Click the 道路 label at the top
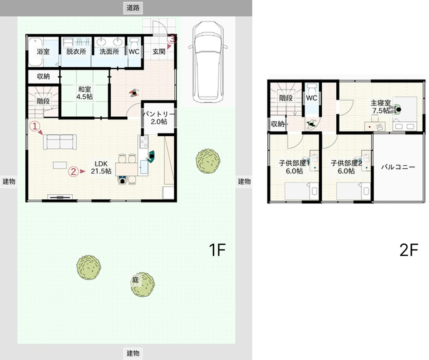click(133, 8)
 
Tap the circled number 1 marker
click(35, 126)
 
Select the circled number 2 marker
click(73, 171)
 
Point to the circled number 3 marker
click(172, 39)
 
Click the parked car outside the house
click(208, 62)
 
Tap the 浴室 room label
click(43, 52)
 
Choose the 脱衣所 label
click(76, 52)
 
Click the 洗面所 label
click(109, 52)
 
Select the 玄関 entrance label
click(159, 52)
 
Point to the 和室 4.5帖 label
click(84, 93)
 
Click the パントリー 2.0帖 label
click(159, 118)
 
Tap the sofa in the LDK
click(60, 142)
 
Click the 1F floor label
click(217, 250)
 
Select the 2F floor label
click(409, 250)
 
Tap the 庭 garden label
click(136, 280)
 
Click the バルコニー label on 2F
click(398, 167)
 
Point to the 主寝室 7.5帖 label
click(381, 107)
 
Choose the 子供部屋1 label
click(294, 163)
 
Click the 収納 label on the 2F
click(277, 124)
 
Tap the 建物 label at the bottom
click(133, 353)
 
